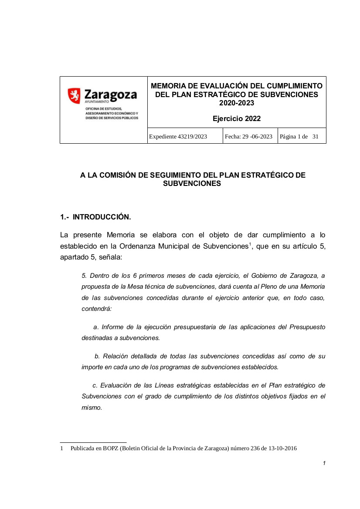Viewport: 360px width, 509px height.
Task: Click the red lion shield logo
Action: click(74, 95)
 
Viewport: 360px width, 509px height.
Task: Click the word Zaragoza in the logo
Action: click(110, 94)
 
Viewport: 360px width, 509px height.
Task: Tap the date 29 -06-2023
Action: click(255, 136)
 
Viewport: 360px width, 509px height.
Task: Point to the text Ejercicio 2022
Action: click(237, 118)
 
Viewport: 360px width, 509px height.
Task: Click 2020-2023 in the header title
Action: click(237, 103)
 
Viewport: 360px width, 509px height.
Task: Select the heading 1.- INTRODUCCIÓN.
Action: click(95, 216)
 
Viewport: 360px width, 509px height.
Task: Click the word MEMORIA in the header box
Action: click(167, 86)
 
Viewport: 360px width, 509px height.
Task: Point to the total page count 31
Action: click(316, 136)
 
